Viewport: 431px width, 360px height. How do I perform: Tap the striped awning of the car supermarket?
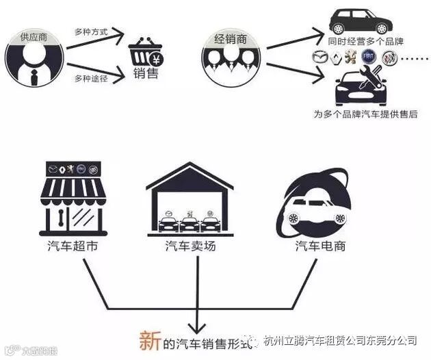pyautogui.click(x=73, y=188)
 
